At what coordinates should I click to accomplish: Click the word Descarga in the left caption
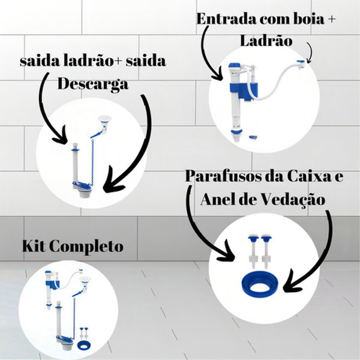pos(92,83)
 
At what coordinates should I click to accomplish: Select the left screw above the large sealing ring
pos(251,253)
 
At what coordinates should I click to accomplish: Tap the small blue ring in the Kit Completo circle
pos(83,347)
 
